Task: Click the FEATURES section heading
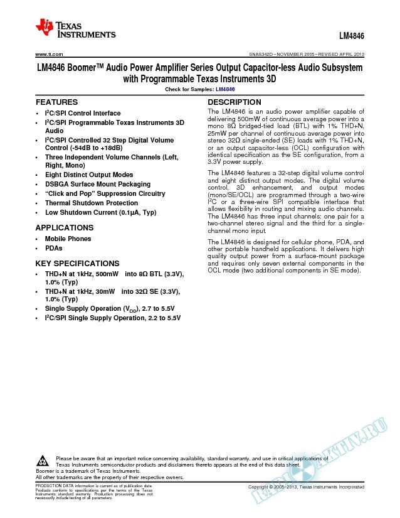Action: point(56,102)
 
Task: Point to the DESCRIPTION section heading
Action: point(234,102)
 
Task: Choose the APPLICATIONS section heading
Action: point(65,227)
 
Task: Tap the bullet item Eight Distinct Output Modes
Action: point(89,175)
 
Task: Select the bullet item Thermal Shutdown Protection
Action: point(92,203)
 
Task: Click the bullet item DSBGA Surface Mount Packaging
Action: point(98,185)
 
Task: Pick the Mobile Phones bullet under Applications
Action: point(68,239)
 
